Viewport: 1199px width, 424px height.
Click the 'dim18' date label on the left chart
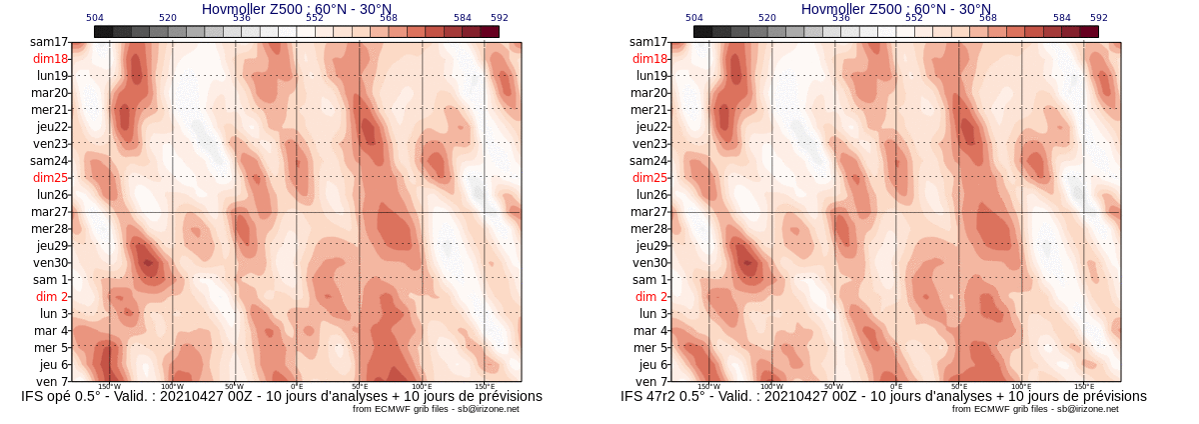[x=50, y=59]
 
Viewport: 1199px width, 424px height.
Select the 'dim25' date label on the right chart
[x=649, y=178]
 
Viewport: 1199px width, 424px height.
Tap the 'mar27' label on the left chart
[x=49, y=212]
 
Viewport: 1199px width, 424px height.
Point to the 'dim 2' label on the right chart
[x=651, y=297]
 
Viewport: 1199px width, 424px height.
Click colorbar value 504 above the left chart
[x=95, y=18]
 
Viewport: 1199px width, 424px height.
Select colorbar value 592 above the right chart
[x=1099, y=18]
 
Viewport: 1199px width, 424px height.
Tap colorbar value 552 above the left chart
[x=315, y=18]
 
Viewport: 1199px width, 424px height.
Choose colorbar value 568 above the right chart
[x=988, y=18]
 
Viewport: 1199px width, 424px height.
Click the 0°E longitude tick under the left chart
[x=297, y=387]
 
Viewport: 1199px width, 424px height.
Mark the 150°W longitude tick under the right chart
[x=708, y=387]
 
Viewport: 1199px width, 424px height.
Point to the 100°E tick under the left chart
[x=422, y=387]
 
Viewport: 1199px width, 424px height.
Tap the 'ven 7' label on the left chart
[x=52, y=382]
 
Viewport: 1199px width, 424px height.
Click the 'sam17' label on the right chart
[x=648, y=42]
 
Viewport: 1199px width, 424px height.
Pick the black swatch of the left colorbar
[x=103, y=32]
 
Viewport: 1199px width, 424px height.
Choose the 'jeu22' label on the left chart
[x=52, y=127]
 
